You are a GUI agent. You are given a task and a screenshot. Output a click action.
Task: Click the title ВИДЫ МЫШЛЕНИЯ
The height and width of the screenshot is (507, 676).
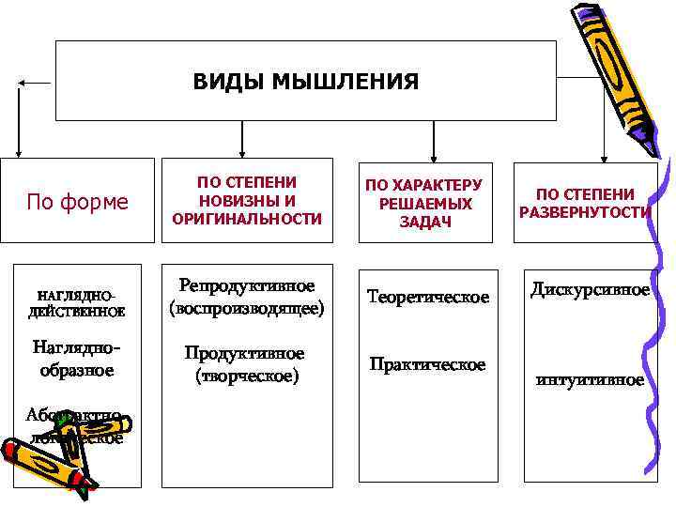click(305, 82)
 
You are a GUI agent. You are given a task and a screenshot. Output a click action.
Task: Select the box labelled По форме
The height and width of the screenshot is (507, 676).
click(77, 201)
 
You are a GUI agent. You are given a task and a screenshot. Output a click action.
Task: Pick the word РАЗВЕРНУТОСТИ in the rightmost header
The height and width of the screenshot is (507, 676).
click(585, 211)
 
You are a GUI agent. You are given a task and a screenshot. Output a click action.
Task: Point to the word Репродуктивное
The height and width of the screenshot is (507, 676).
click(247, 285)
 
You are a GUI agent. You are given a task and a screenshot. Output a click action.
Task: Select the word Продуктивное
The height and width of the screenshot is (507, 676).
click(245, 354)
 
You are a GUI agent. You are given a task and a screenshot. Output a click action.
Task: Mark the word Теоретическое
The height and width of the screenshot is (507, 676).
click(428, 297)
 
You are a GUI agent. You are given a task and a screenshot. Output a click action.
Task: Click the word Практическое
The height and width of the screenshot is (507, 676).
click(427, 363)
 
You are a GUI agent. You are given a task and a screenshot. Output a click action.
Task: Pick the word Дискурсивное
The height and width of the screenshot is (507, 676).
click(590, 290)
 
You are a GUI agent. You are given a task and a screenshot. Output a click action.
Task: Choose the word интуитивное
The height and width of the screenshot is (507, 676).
click(590, 380)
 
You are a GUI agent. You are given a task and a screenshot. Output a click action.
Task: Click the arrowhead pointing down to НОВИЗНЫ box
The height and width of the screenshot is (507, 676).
click(242, 151)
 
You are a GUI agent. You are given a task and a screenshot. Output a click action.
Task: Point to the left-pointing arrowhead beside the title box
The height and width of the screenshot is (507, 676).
click(23, 83)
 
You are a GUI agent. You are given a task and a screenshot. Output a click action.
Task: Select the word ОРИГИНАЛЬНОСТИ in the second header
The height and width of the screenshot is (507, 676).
click(246, 219)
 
